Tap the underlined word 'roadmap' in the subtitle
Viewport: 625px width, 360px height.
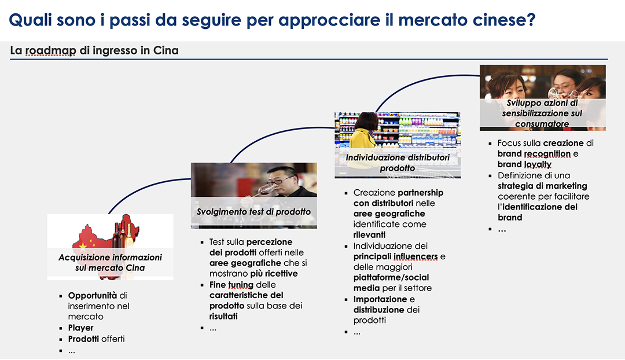pyautogui.click(x=50, y=50)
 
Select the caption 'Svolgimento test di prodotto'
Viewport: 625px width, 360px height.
pyautogui.click(x=253, y=212)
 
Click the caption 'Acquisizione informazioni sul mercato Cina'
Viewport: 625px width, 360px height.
pyautogui.click(x=110, y=262)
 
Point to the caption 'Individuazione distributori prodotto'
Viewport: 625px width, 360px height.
pyautogui.click(x=398, y=163)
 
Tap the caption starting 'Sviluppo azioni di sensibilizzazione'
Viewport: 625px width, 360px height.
pyautogui.click(x=542, y=113)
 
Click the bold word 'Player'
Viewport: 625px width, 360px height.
pyautogui.click(x=80, y=328)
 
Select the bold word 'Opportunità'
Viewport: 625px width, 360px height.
pyautogui.click(x=93, y=295)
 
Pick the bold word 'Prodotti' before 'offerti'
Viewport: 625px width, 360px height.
pyautogui.click(x=83, y=339)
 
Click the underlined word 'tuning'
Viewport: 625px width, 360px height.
pyautogui.click(x=241, y=285)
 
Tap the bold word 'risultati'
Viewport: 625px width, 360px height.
pyautogui.click(x=223, y=316)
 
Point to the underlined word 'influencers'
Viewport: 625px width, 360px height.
pyautogui.click(x=416, y=256)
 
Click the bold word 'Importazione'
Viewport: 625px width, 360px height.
pyautogui.click(x=380, y=299)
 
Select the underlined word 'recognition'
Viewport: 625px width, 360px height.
pyautogui.click(x=547, y=153)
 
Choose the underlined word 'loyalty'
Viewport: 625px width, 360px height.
pyautogui.click(x=538, y=164)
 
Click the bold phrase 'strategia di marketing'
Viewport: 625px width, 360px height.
pyautogui.click(x=542, y=186)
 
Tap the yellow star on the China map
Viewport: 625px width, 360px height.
pyautogui.click(x=83, y=246)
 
